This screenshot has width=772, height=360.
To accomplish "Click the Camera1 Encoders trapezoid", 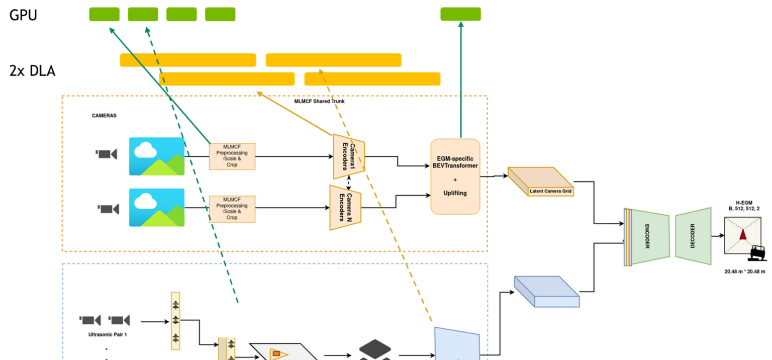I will pos(348,156).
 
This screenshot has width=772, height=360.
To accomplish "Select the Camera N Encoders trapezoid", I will pos(345,208).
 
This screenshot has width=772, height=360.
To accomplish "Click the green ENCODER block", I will pos(650,236).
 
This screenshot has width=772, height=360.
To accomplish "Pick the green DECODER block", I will pos(694,236).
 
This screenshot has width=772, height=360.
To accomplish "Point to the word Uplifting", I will pos(455,193).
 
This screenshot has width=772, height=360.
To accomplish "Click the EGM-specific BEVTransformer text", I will pos(455,162).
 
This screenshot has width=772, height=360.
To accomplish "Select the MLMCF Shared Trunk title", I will pos(319,101).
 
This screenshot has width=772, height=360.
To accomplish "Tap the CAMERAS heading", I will pos(104,115).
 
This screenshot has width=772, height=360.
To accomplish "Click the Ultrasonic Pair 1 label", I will pos(107,334).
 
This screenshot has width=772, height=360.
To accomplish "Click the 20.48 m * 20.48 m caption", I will pos(744,272).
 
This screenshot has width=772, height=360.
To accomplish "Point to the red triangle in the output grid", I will pos(742,235).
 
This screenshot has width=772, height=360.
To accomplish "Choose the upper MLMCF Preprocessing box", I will pos(232,156).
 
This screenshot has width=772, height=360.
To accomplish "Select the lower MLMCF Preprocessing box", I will pos(232,209).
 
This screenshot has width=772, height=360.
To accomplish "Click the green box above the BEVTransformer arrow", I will pos(460,14).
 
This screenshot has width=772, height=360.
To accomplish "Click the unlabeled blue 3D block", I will pos(547,292).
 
